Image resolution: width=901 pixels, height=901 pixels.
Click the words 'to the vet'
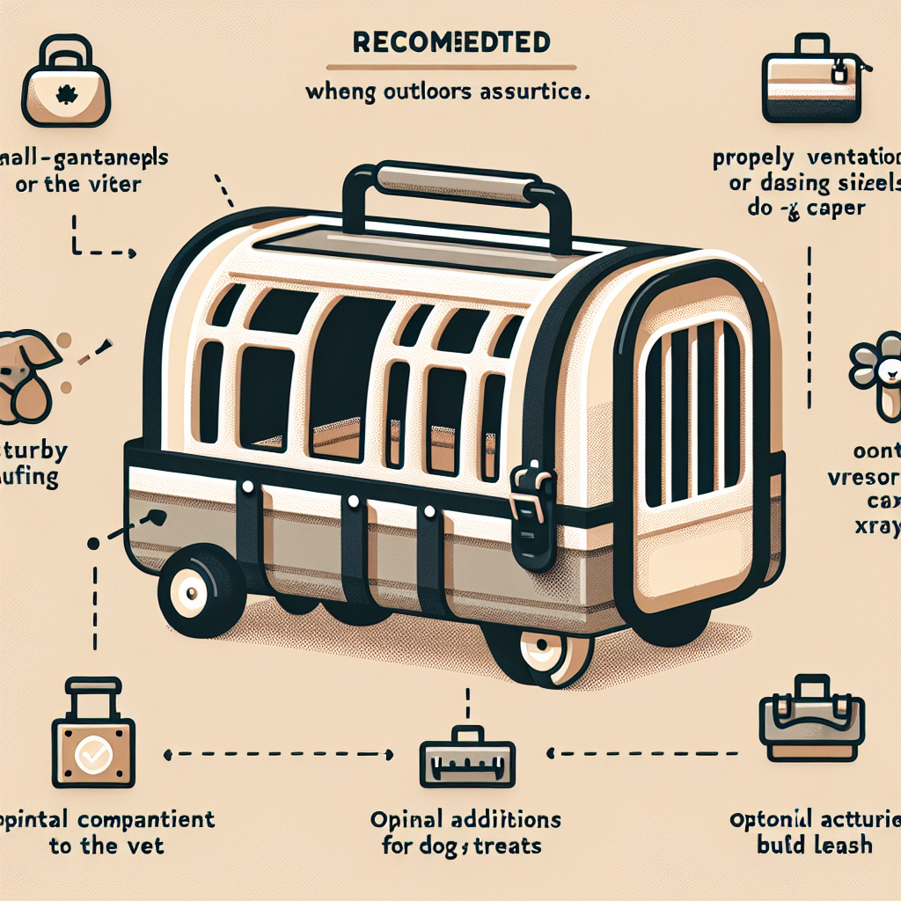107,846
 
